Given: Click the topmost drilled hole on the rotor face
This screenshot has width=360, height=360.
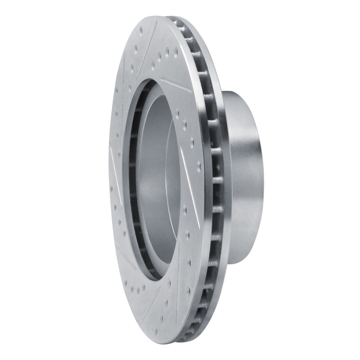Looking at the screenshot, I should click(140, 31).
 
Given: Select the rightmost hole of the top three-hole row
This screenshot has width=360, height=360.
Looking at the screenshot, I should click(175, 52).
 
